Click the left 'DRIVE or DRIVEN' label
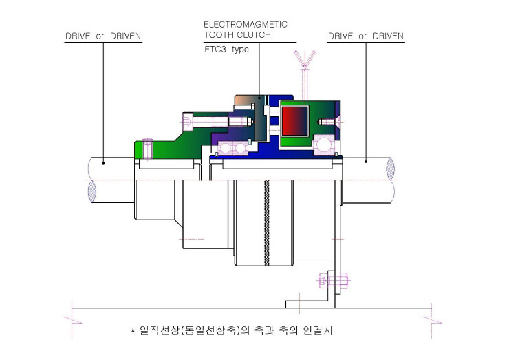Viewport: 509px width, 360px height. click(x=103, y=36)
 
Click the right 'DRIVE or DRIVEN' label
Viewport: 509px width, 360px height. click(x=366, y=36)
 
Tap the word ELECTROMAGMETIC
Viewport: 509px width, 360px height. click(x=246, y=25)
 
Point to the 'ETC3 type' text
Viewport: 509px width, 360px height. click(x=226, y=50)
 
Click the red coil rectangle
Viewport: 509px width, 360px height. click(x=295, y=121)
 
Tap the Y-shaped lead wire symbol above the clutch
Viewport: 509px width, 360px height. click(x=305, y=75)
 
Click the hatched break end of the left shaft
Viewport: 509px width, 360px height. click(x=92, y=191)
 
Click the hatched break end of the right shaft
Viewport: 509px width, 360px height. click(x=391, y=169)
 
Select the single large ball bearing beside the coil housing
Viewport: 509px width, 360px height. click(x=324, y=145)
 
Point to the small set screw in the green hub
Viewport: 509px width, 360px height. click(x=148, y=149)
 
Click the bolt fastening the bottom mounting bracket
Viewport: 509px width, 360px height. click(x=334, y=280)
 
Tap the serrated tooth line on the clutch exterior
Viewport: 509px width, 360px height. click(x=266, y=223)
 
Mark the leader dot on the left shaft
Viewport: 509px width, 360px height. click(x=103, y=162)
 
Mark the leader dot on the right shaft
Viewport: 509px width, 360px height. click(x=366, y=162)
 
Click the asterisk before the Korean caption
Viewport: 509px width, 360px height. click(x=133, y=331)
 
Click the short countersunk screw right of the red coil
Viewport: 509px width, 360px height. click(x=329, y=122)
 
